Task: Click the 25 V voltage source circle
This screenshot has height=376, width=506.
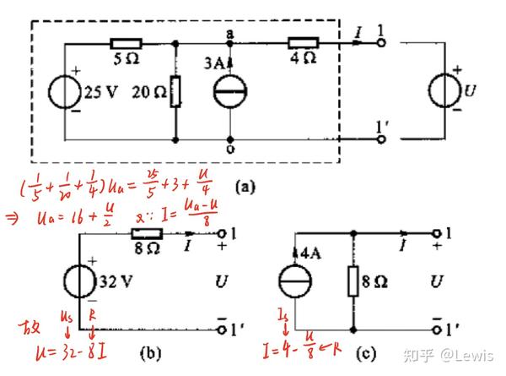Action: (66, 90)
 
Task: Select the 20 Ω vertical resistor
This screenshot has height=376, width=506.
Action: (175, 91)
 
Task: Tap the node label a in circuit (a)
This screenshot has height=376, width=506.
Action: (229, 32)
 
